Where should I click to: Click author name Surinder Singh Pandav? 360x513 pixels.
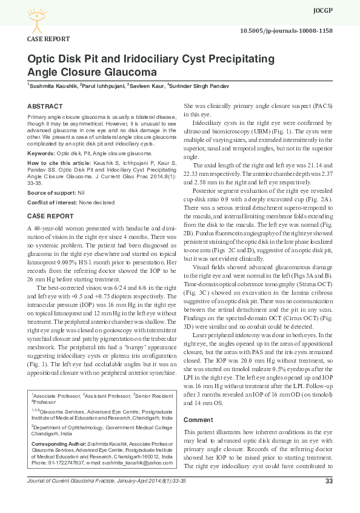coord(200,86)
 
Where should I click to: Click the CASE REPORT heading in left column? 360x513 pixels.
coord(51,216)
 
